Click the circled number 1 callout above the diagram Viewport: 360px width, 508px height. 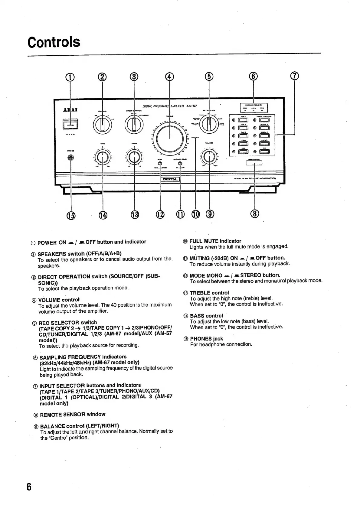click(x=70, y=77)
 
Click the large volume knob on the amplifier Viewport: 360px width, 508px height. click(x=169, y=138)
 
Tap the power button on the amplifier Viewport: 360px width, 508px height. click(x=70, y=124)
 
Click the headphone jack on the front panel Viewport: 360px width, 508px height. click(x=71, y=158)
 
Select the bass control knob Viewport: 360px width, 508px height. click(x=103, y=157)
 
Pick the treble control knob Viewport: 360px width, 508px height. click(x=134, y=157)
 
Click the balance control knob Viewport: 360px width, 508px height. click(x=209, y=157)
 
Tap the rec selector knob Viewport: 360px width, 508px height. click(x=208, y=124)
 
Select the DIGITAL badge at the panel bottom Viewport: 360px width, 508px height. click(x=170, y=179)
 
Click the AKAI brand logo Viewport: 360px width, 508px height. click(x=70, y=109)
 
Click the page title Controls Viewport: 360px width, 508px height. click(x=54, y=42)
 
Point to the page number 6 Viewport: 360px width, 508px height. click(x=29, y=487)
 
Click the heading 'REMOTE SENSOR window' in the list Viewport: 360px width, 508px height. click(x=73, y=414)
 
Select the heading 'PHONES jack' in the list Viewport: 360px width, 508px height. click(x=206, y=339)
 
